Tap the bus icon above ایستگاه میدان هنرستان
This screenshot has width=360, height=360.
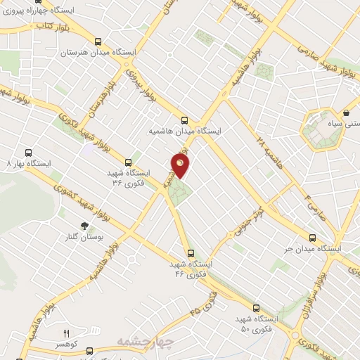point(98,41)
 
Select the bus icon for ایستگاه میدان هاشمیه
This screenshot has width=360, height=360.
point(185,120)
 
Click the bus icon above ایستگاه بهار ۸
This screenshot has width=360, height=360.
point(28,152)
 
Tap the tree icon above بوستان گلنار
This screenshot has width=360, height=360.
point(84,226)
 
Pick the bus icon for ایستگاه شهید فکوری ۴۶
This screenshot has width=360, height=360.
point(190,252)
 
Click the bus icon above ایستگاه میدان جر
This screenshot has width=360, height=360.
point(314,237)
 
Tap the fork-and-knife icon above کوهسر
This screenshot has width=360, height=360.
point(67,333)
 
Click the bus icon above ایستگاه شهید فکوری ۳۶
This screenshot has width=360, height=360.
point(127,162)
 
